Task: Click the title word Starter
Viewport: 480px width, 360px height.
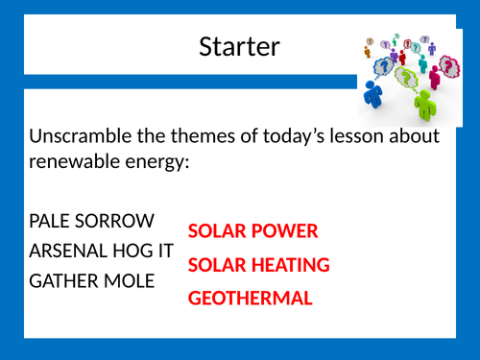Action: click(239, 45)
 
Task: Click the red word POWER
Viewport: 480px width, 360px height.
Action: click(284, 231)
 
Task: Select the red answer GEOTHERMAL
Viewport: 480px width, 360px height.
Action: click(251, 298)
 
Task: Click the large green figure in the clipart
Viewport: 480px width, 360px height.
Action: click(424, 97)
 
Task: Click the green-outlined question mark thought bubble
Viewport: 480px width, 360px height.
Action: click(410, 75)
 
